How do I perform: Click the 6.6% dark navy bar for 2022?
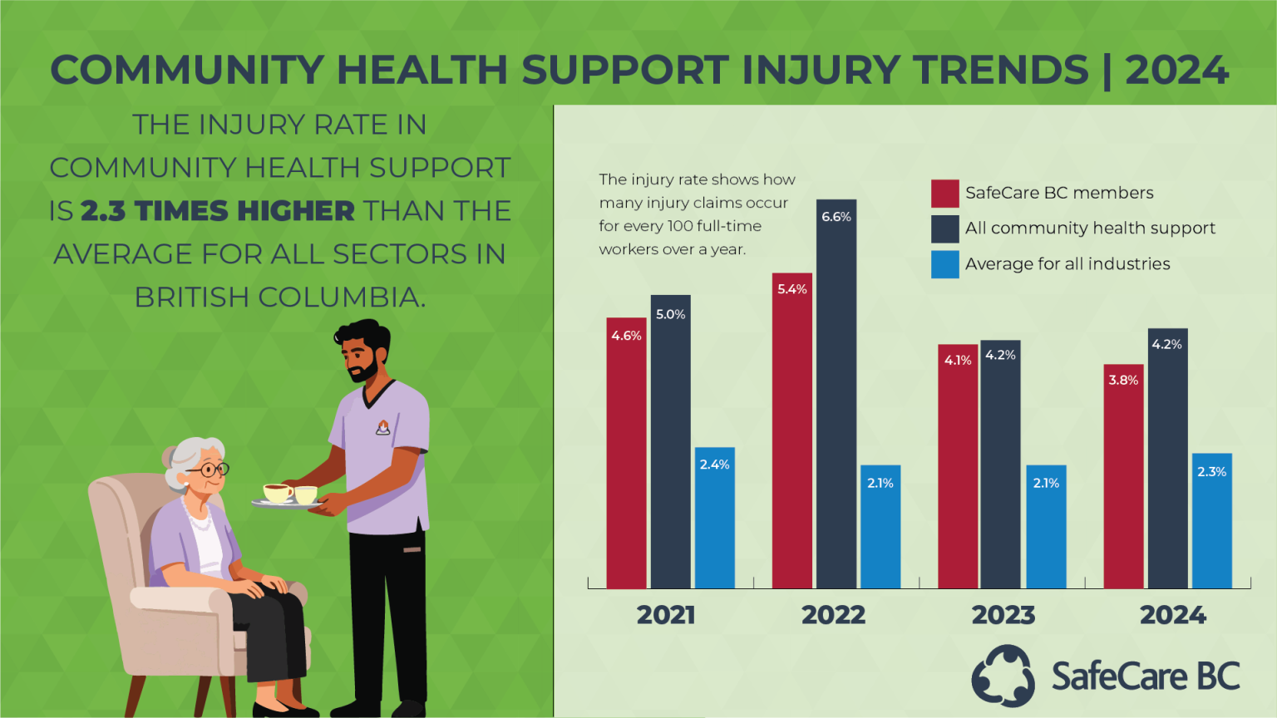point(836,399)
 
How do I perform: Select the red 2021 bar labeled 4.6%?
point(626,457)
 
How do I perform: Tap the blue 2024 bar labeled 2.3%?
point(1211,524)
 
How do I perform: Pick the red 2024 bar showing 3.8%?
point(1123,482)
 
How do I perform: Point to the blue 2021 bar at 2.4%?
point(714,519)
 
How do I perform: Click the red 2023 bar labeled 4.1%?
point(958,470)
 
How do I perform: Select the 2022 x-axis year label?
point(833,615)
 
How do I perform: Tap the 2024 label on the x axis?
point(1172,615)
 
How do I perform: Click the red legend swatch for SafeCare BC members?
point(944,193)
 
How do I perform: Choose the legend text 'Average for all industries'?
point(1067,264)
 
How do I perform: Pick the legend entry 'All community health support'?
point(1090,229)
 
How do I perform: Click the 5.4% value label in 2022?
point(791,289)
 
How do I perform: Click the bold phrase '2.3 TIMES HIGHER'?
point(218,211)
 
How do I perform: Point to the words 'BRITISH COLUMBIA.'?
point(279,298)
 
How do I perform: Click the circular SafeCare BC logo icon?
point(1003,676)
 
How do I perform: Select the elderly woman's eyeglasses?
point(210,470)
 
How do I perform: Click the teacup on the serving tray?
point(278,493)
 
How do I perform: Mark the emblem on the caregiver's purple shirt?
point(383,428)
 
